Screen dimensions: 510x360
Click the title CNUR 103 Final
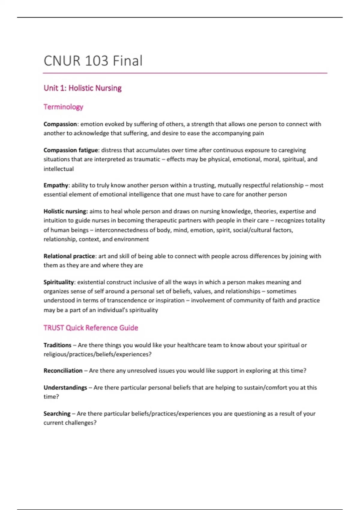tap(93, 61)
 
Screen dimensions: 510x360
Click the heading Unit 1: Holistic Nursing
tap(82, 88)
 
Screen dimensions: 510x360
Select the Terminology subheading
tap(63, 107)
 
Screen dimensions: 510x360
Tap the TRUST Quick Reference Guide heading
tap(91, 328)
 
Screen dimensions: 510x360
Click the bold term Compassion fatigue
tap(71, 150)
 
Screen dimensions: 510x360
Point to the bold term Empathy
tap(56, 185)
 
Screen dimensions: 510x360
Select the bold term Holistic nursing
tap(65, 211)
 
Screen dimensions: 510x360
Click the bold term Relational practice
tap(69, 256)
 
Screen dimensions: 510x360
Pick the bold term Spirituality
tap(58, 282)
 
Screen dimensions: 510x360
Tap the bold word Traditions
tap(58, 345)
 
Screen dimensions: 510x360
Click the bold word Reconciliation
tap(63, 371)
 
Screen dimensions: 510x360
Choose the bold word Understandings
tap(65, 388)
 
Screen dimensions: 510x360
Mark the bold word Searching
tap(57, 414)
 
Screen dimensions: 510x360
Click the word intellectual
tap(58, 169)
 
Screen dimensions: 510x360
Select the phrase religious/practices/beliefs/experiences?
tap(97, 354)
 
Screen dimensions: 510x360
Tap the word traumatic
tap(147, 159)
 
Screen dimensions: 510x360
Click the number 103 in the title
tap(97, 61)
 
